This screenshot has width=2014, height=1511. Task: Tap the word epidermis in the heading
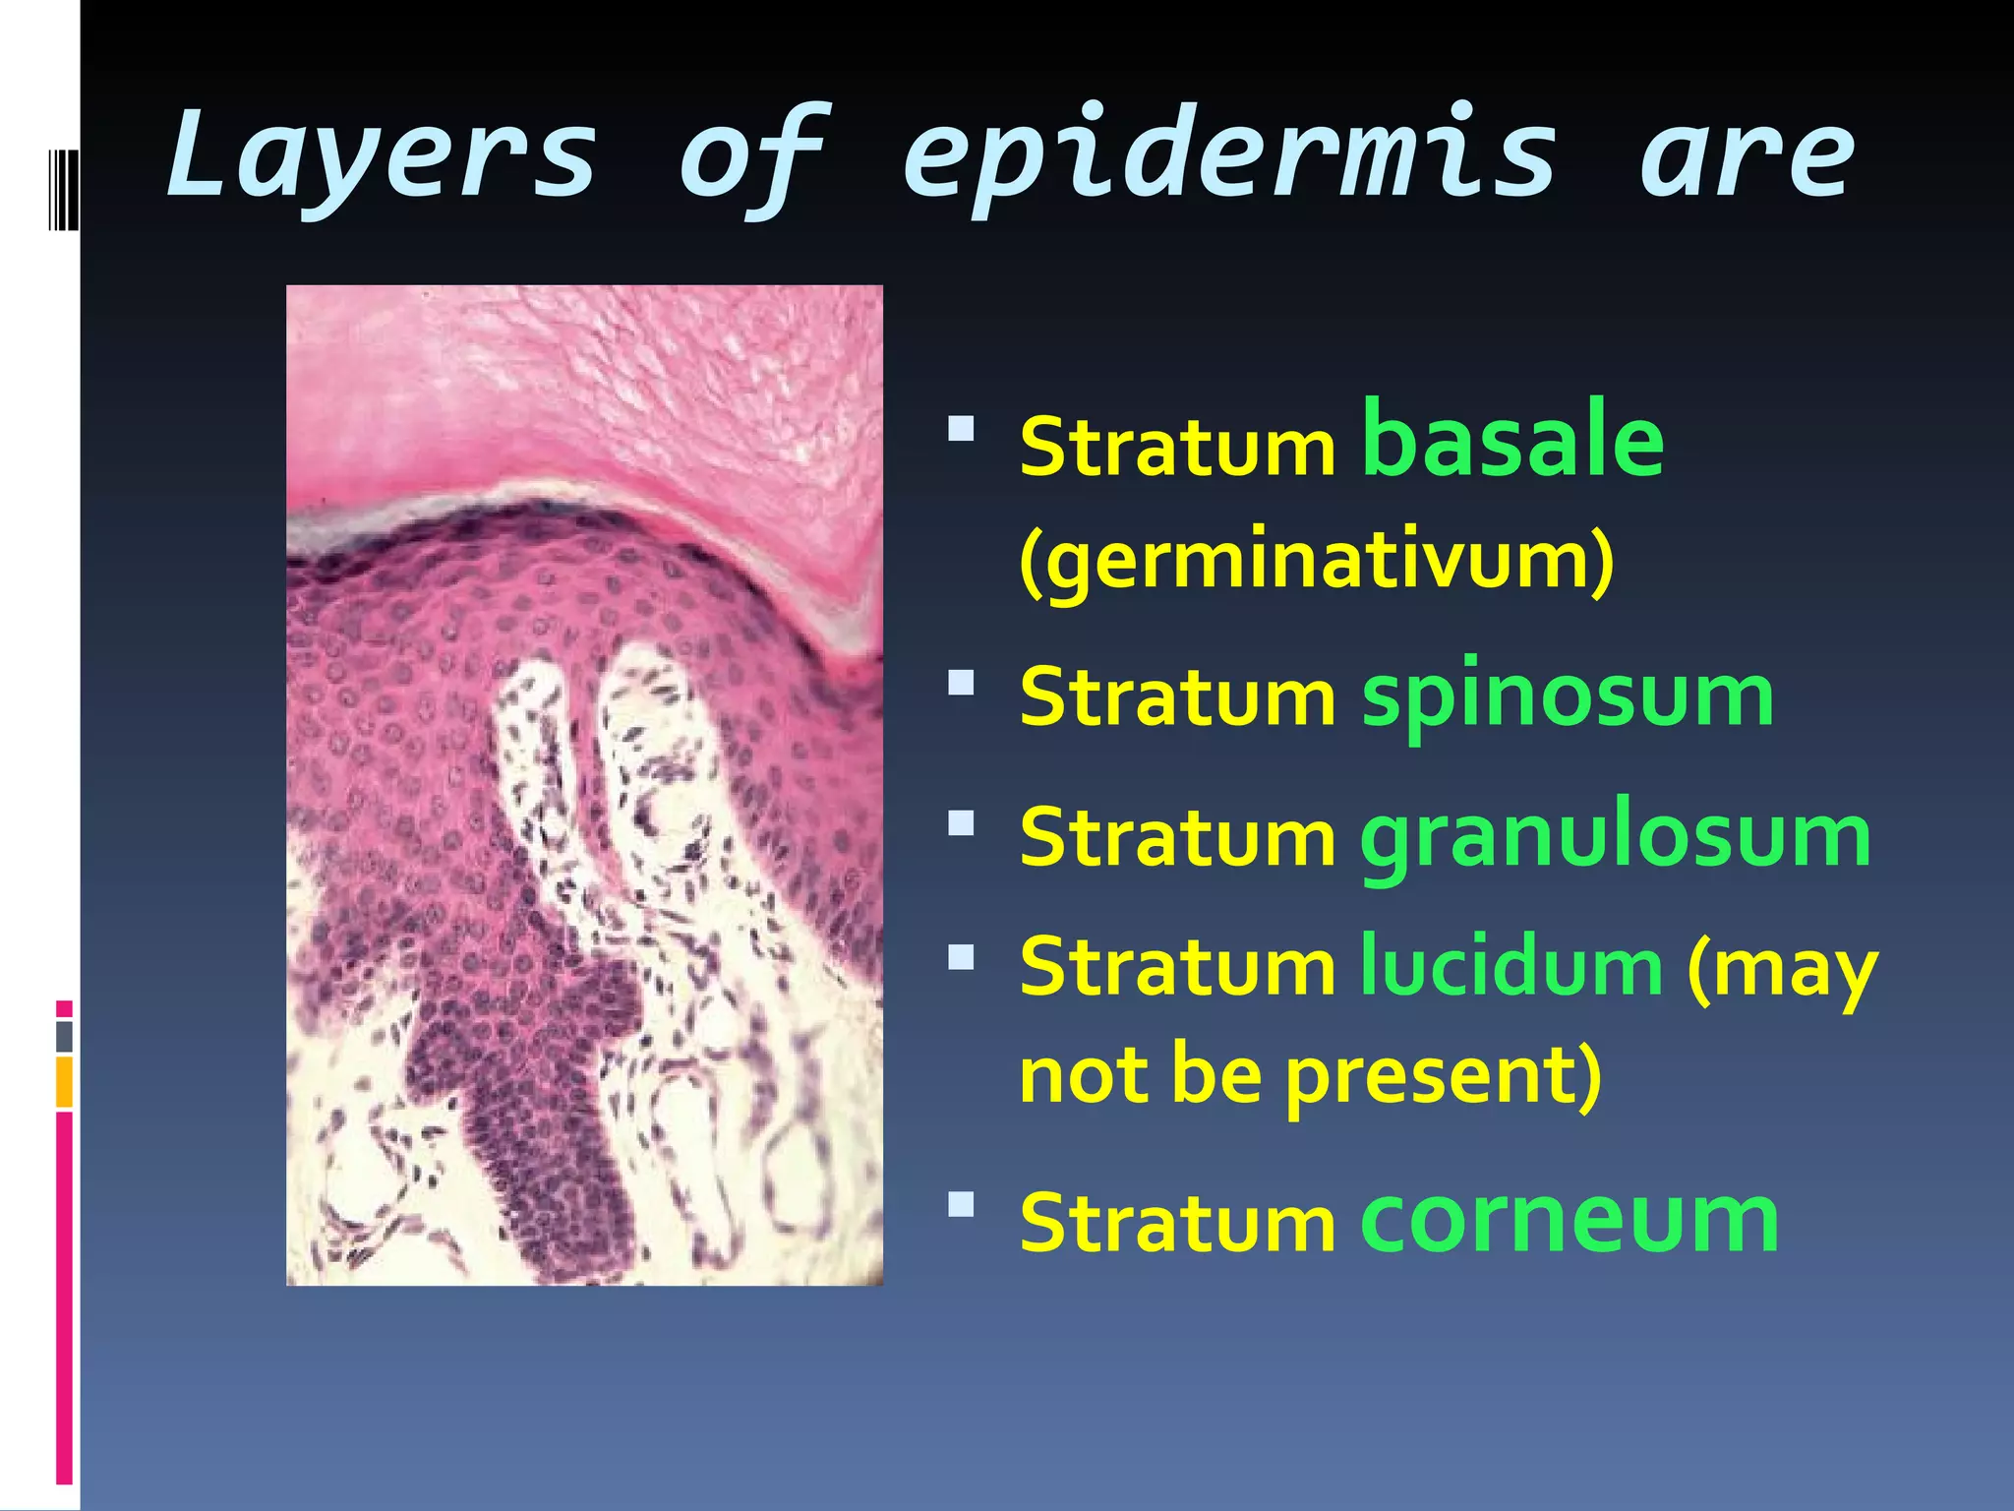click(1229, 157)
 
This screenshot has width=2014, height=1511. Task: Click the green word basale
click(1512, 440)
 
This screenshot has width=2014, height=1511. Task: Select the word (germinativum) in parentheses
click(1317, 561)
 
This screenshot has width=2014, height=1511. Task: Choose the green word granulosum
click(1616, 837)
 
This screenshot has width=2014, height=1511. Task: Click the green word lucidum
click(1511, 967)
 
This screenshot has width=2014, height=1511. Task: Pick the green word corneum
click(1570, 1220)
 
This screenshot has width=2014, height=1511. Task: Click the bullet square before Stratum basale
click(961, 428)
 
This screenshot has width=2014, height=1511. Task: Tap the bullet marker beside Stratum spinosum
click(961, 682)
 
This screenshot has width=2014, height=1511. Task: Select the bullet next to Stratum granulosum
click(961, 821)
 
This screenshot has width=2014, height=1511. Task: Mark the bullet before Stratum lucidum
click(961, 957)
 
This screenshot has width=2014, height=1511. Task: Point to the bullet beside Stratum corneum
click(961, 1204)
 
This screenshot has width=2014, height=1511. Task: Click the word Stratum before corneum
click(1177, 1223)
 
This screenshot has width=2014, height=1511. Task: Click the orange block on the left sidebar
click(64, 1082)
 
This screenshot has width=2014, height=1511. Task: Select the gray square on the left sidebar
click(64, 1036)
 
